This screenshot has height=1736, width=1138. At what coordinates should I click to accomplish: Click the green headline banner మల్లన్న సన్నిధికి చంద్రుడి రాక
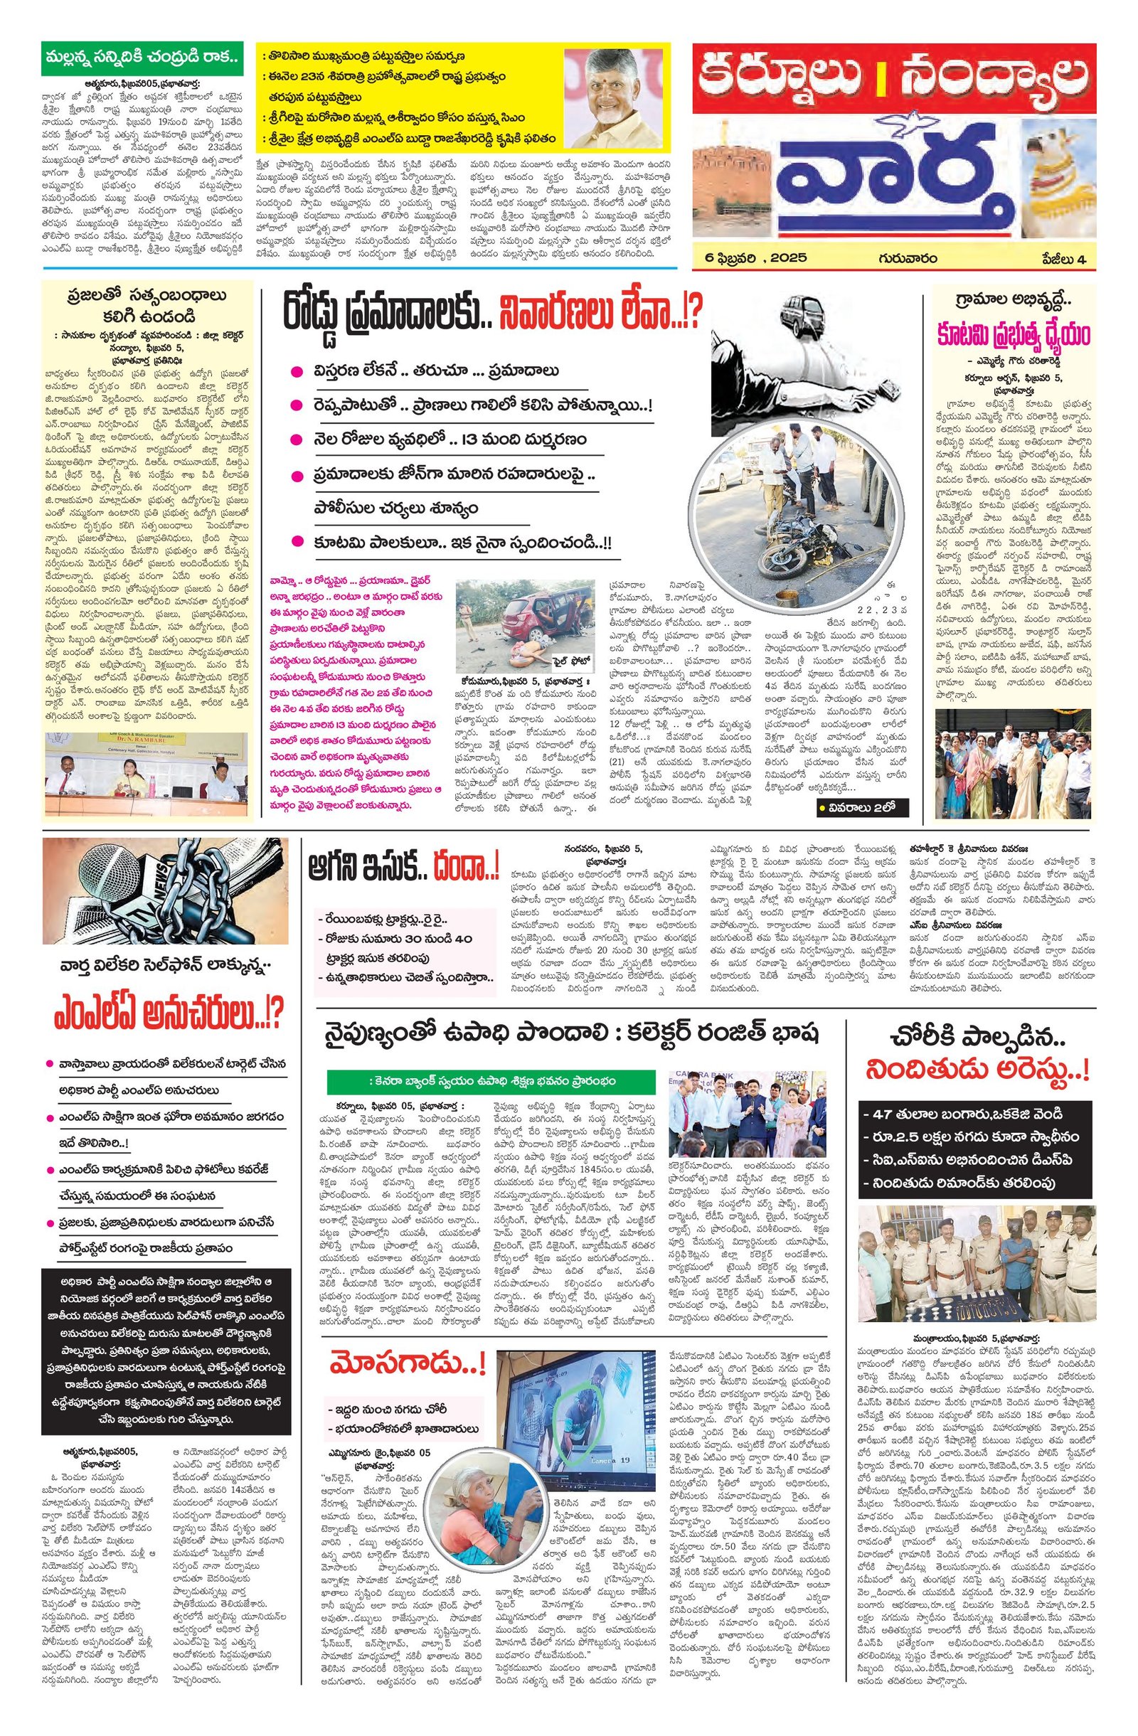(x=142, y=57)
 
